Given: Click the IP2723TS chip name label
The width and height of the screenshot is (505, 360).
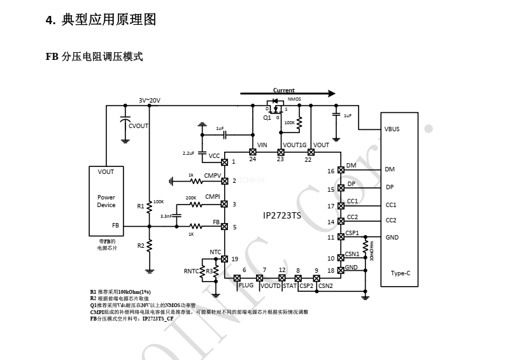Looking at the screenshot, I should [x=282, y=215].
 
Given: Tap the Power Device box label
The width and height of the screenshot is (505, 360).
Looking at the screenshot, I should [x=106, y=201].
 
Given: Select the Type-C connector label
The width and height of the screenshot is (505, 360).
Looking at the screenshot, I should [x=401, y=273].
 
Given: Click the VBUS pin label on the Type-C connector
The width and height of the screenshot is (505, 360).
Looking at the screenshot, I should [x=392, y=129].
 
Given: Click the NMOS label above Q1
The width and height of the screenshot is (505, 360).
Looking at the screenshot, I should [x=294, y=99].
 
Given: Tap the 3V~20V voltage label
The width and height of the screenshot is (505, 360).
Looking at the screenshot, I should [x=150, y=100].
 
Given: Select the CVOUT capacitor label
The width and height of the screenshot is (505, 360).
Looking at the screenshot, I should [x=138, y=126].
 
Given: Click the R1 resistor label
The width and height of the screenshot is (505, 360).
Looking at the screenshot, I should [x=140, y=206].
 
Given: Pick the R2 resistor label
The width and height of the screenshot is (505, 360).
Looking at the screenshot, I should [x=140, y=245].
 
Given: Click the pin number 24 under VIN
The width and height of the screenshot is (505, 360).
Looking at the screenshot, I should [x=253, y=160].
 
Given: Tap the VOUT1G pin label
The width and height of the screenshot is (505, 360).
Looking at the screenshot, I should [x=294, y=145].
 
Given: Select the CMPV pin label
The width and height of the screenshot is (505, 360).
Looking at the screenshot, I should [x=212, y=175].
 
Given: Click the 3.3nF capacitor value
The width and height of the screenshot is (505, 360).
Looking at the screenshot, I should [x=167, y=217].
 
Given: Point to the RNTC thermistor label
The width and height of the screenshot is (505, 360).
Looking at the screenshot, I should [x=191, y=271].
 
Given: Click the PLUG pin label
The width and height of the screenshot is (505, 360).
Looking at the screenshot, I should [x=246, y=286].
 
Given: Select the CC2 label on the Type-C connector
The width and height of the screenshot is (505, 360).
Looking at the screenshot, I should [x=391, y=220].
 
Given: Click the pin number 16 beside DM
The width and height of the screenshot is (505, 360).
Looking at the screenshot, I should [x=331, y=171].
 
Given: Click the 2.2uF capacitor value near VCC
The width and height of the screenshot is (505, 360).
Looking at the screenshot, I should [x=188, y=154].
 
